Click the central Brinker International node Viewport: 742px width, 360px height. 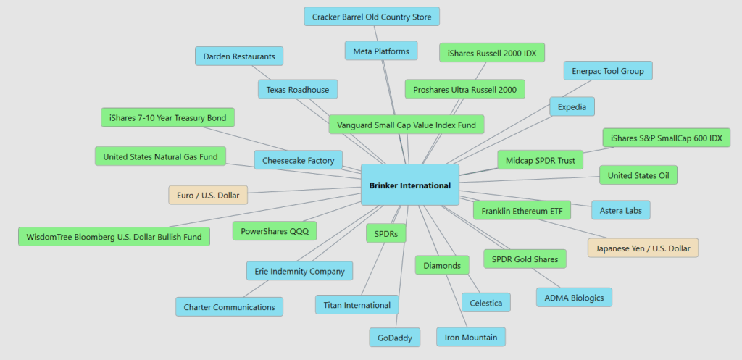tap(409, 185)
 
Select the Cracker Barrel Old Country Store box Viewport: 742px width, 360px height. tap(372, 16)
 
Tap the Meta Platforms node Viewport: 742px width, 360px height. tap(381, 51)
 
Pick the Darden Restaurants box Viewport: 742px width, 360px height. tap(239, 56)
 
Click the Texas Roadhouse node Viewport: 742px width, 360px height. tap(297, 90)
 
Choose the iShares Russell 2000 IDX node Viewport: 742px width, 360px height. tap(492, 52)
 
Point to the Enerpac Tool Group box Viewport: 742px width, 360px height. tap(608, 70)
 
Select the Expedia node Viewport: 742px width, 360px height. tap(572, 106)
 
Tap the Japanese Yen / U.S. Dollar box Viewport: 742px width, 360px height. tap(643, 248)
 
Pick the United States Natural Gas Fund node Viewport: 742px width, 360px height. tap(160, 156)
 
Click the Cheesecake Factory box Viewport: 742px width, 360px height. tap(298, 161)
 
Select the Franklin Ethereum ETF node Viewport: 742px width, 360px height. tap(522, 211)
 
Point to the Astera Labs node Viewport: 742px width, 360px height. tap(621, 210)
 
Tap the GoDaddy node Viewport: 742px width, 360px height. tap(394, 338)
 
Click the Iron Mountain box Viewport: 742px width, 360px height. tap(470, 337)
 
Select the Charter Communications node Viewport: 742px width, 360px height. tap(229, 306)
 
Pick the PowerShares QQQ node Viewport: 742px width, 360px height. tap(274, 231)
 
